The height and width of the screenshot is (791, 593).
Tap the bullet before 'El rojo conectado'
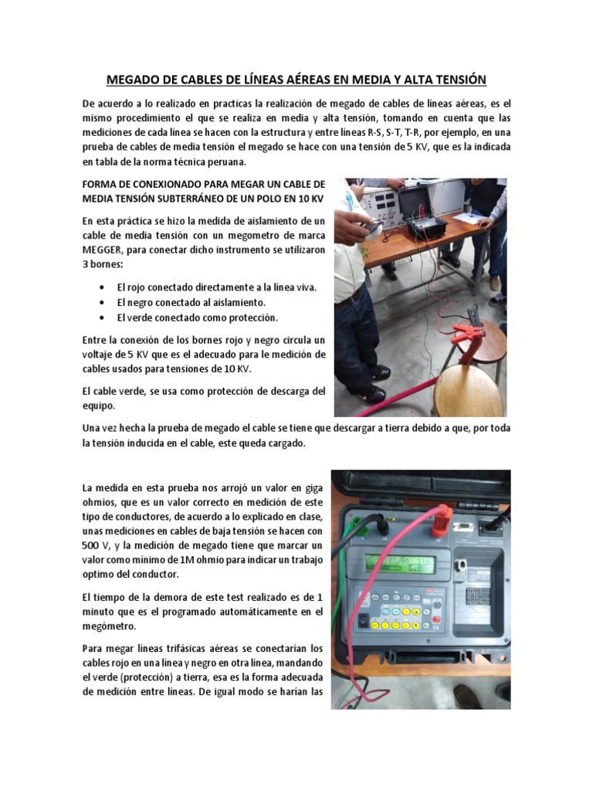(x=103, y=287)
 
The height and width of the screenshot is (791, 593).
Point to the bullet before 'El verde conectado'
(x=103, y=317)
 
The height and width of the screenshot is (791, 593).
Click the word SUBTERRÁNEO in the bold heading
(x=189, y=199)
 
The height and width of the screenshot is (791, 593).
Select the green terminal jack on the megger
(x=357, y=522)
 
